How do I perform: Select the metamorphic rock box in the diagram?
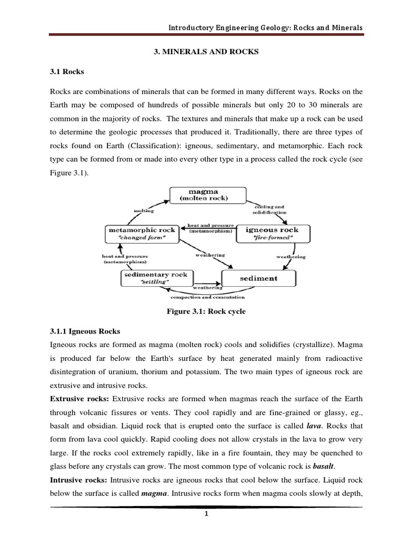point(142,233)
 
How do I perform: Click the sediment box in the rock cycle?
point(259,278)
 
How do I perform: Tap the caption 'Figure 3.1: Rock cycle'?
point(206,310)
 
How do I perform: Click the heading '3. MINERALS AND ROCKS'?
point(206,52)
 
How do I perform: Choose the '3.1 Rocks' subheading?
point(68,71)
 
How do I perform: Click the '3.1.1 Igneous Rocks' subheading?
point(85,331)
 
